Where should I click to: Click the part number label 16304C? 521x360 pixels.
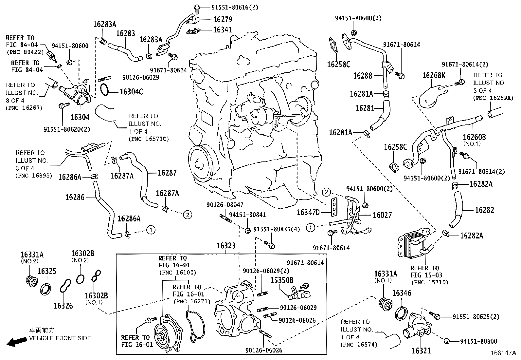click(131, 92)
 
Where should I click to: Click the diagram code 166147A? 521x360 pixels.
click(503, 353)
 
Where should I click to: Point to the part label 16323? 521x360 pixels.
click(226, 246)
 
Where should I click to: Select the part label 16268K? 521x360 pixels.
click(433, 76)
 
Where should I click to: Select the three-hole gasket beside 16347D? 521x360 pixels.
click(334, 207)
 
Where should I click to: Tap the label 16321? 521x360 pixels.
click(421, 351)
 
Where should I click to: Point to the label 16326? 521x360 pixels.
click(63, 306)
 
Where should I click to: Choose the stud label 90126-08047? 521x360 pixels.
click(225, 205)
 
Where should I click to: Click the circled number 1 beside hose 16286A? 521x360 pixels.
click(151, 230)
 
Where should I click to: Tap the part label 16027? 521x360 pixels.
click(382, 215)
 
